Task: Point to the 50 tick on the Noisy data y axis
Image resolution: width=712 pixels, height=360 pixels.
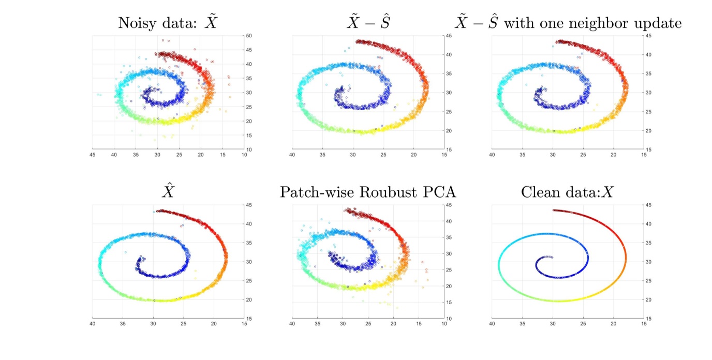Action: (248, 36)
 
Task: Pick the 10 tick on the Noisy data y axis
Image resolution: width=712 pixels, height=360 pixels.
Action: (248, 149)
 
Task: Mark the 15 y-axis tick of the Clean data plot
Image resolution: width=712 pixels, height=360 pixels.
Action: (648, 319)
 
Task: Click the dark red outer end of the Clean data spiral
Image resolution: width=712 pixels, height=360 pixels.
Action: (555, 210)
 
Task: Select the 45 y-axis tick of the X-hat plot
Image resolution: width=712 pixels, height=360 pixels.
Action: (248, 205)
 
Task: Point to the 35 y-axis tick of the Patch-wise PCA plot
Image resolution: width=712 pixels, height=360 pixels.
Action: (448, 237)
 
